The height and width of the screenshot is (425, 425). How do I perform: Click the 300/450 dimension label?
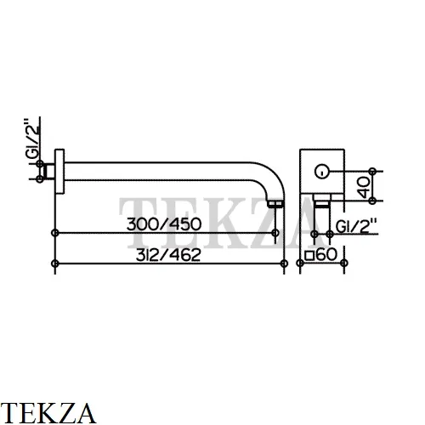164,224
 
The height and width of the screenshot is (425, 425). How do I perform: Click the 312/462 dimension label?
168,255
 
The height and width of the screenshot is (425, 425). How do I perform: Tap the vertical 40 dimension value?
364,187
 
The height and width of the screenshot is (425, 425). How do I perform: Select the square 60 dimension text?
320,254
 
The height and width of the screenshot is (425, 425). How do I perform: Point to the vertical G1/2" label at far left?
31,139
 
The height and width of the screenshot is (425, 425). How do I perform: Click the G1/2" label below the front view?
356,226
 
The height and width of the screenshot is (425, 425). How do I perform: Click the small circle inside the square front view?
322,172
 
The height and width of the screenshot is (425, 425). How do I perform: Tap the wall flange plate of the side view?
59,172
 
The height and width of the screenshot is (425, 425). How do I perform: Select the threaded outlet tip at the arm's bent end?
275,204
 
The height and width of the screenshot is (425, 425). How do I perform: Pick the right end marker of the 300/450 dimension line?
275,233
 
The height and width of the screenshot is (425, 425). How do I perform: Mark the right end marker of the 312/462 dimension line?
284,263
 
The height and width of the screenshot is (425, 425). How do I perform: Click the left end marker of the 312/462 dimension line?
55,263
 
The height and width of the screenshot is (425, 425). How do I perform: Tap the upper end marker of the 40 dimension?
373,171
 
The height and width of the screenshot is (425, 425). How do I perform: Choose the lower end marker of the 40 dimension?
373,201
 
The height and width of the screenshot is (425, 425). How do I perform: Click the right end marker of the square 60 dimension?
344,263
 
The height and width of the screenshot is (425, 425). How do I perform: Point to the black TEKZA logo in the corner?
48,413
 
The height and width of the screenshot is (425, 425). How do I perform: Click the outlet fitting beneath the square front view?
322,201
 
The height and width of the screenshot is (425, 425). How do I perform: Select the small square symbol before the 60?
309,256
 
